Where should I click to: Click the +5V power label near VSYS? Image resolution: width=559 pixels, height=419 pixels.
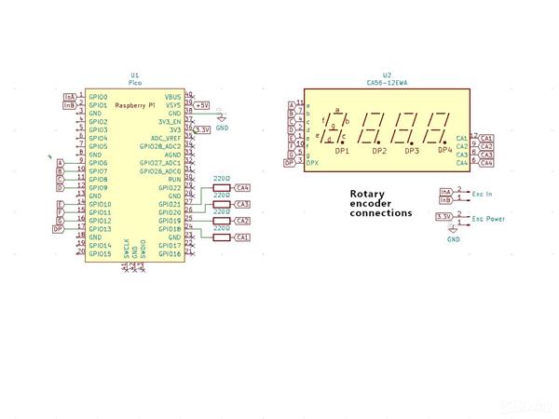pos(202,105)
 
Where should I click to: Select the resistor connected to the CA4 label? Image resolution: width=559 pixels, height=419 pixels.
pos(222,188)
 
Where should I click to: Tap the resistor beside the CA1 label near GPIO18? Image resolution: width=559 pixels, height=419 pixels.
pos(222,237)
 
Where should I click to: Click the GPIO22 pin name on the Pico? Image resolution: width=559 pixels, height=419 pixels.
pos(169,188)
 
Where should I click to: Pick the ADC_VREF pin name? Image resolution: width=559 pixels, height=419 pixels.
pos(166,138)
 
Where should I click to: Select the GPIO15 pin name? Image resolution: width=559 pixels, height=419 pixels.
pos(100,253)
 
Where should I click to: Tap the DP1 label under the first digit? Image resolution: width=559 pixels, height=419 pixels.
pos(342,151)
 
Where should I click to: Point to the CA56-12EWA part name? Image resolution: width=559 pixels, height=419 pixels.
pos(387,82)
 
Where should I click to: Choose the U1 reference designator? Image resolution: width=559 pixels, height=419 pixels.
pos(135,74)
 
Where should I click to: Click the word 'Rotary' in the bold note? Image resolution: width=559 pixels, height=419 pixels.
pos(367,195)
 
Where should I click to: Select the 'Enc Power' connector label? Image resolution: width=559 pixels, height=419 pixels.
pos(489,219)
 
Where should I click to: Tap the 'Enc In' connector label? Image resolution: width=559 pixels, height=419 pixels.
pos(483,194)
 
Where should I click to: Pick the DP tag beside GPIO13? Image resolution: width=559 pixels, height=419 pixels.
pos(58,228)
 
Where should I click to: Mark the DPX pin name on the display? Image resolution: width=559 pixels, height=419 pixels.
pos(314,163)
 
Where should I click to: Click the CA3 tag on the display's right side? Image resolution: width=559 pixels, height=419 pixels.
pos(486,155)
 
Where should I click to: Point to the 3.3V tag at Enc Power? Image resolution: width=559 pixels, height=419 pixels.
pos(444,216)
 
